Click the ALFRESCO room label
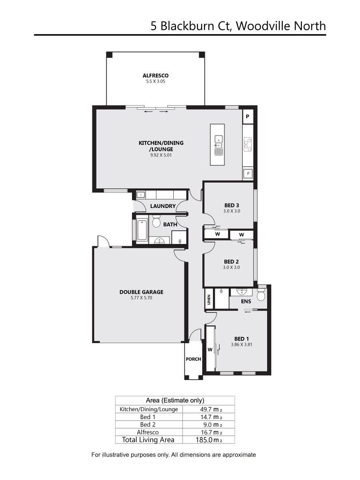(x=156, y=75)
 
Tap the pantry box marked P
(x=248, y=116)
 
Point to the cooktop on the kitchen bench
(x=248, y=144)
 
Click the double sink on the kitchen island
(x=219, y=145)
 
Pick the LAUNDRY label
(x=163, y=206)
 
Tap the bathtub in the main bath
(x=142, y=230)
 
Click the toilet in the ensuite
(x=261, y=294)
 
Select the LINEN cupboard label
(x=209, y=299)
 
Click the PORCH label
(x=193, y=359)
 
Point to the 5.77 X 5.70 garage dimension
(x=141, y=297)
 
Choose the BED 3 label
(x=232, y=205)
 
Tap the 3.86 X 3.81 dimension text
(x=241, y=344)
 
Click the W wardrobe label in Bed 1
(x=210, y=350)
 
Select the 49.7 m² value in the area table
(x=209, y=409)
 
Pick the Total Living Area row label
(x=148, y=440)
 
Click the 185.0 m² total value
(x=209, y=440)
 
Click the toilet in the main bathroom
(x=156, y=221)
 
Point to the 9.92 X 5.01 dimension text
(x=161, y=155)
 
